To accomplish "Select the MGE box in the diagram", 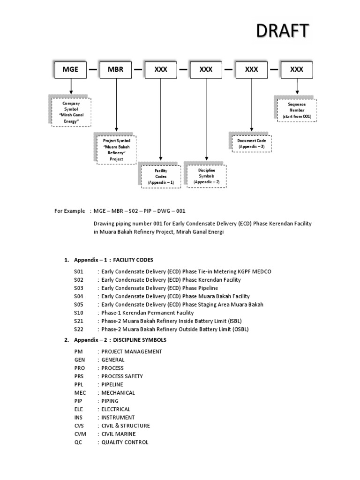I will [71, 69].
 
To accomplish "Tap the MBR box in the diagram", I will [115, 69].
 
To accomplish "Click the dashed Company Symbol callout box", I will [72, 112].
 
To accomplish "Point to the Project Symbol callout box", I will [117, 150].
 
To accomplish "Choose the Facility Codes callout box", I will [161, 176].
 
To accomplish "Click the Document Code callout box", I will [252, 143].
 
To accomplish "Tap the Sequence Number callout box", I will [297, 110].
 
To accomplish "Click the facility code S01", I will [78, 272].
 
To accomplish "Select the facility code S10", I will [78, 313].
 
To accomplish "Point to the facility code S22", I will [78, 329].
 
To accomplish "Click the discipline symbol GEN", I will [79, 360].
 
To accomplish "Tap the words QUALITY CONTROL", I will [125, 442].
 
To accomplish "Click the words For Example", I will [70, 211].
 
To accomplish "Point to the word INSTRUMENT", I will [118, 417].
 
